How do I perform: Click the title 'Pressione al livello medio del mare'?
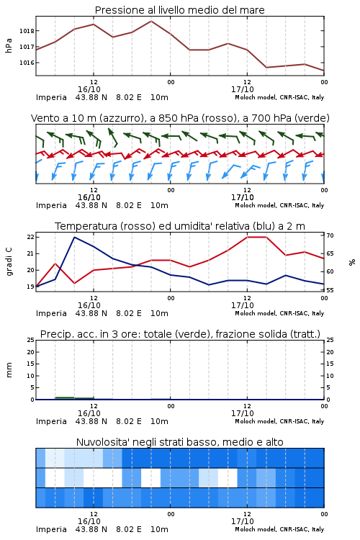(x=179, y=10)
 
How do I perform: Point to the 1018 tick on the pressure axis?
(x=27, y=31)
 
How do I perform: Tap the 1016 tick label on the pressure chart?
(x=27, y=63)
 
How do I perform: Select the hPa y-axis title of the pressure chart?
(x=9, y=45)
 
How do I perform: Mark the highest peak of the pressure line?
(x=151, y=21)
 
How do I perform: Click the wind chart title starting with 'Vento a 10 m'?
(x=180, y=118)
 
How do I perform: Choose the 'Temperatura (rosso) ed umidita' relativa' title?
(x=180, y=226)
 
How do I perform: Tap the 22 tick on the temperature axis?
(x=31, y=237)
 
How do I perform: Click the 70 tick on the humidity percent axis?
(x=330, y=235)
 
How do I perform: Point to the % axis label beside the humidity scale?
(x=352, y=262)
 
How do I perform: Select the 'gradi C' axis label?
(x=9, y=262)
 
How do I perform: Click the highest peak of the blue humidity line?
(x=74, y=238)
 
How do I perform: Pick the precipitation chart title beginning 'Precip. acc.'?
(x=180, y=334)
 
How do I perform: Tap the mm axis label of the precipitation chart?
(x=9, y=370)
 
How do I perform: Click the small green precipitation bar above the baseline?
(x=65, y=398)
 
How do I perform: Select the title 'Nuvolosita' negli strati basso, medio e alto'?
(x=179, y=442)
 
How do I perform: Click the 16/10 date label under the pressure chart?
(x=89, y=89)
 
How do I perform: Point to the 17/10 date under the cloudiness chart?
(x=243, y=521)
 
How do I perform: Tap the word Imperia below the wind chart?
(x=51, y=206)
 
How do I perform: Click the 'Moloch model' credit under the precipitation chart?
(x=256, y=421)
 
